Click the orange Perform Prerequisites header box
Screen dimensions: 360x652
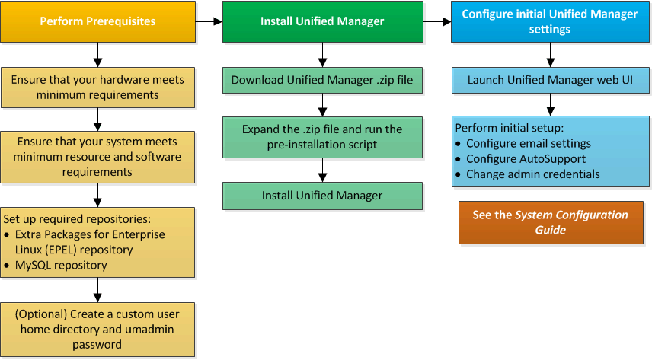point(97,21)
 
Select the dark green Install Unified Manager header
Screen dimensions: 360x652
point(322,21)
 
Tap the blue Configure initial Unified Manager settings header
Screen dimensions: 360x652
point(549,21)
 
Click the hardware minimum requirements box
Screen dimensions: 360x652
point(97,88)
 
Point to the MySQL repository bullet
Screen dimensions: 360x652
point(61,266)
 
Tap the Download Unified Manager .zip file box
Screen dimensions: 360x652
point(322,80)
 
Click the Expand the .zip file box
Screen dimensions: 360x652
point(322,137)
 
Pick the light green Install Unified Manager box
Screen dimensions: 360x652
point(322,196)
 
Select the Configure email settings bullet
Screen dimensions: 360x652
point(528,143)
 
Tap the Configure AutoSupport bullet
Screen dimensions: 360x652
point(526,158)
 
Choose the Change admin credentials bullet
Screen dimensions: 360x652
point(532,174)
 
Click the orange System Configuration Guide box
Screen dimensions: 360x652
point(549,222)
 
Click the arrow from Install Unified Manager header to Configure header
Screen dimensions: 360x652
point(436,21)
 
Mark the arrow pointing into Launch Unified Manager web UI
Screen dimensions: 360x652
point(549,55)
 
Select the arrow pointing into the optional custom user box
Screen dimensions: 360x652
point(97,289)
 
